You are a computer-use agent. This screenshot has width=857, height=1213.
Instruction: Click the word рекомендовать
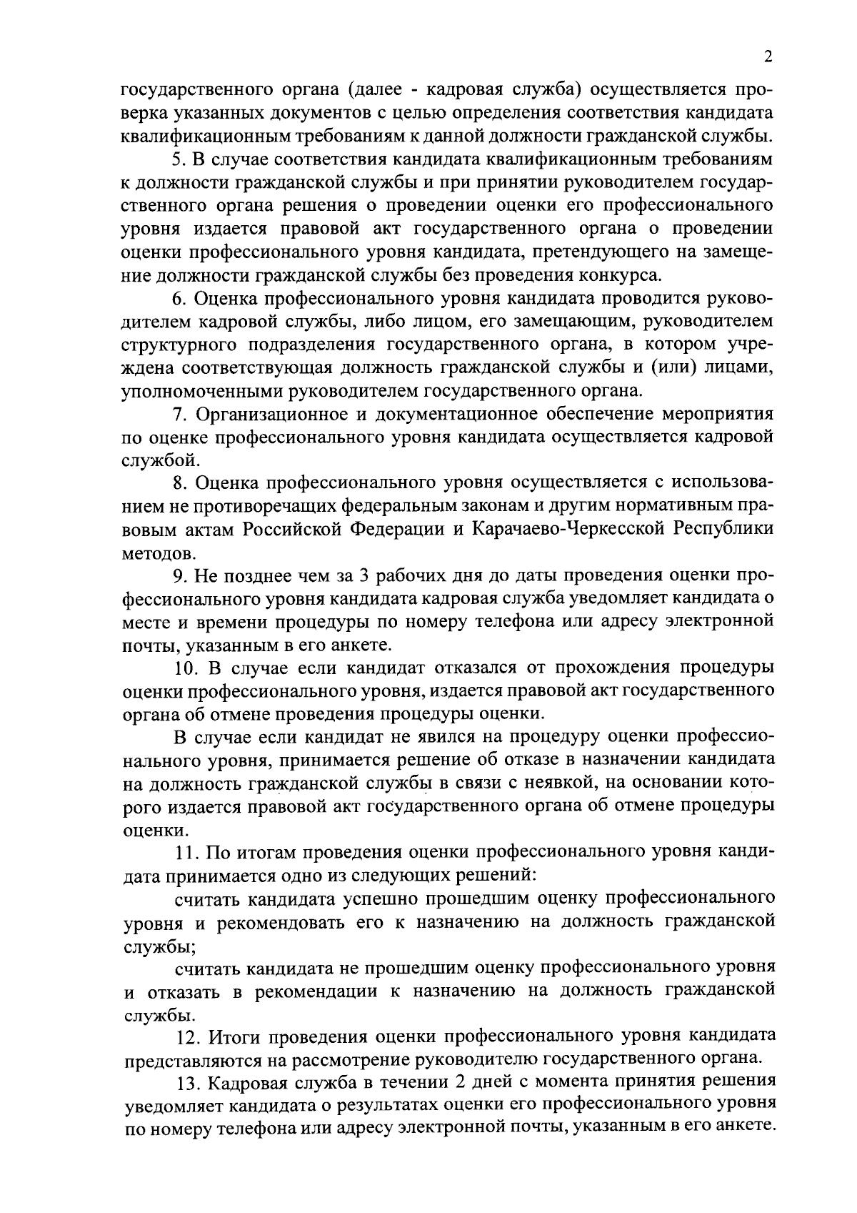(x=279, y=923)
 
